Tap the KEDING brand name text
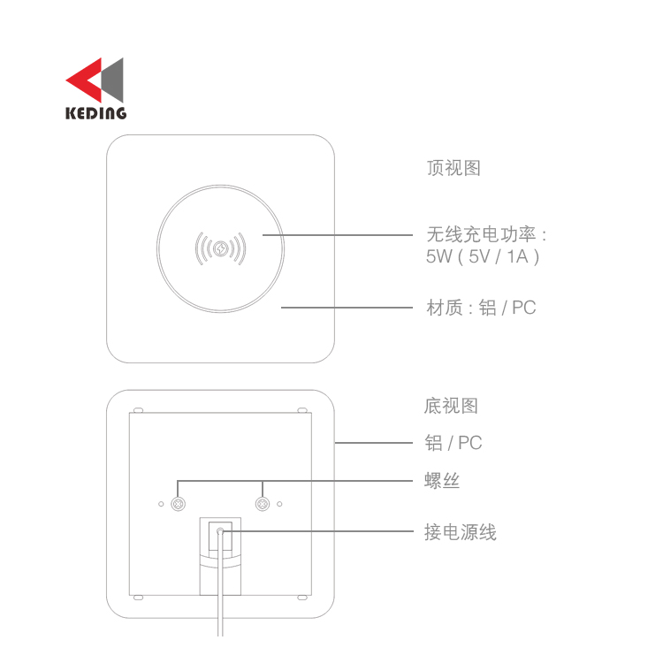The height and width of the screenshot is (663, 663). coord(96,113)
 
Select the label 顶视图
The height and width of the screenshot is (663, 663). coord(453,168)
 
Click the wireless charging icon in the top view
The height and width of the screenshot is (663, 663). coord(220,248)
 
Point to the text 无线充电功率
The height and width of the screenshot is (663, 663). coord(481,234)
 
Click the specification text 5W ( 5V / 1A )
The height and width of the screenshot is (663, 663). coord(483,256)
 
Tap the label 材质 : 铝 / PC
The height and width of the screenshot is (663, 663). coord(481,308)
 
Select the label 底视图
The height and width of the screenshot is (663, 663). coord(451,406)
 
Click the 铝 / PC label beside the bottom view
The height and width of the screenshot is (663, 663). coord(453,443)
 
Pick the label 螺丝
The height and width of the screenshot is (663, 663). coord(442,481)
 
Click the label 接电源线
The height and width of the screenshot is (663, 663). coord(461,532)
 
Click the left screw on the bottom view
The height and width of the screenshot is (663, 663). coord(178,504)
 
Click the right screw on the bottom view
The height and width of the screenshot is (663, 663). coord(263,504)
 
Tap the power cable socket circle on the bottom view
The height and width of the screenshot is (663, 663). coord(220,531)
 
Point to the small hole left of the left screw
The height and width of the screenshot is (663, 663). coord(161,504)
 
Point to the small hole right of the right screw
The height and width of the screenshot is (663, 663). coord(279,504)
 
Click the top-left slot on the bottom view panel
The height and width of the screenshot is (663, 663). coord(138,410)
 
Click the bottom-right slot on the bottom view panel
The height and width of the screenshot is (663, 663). coord(302,598)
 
